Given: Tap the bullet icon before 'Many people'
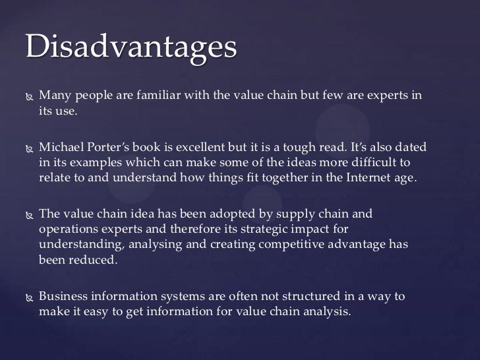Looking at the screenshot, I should coord(28,96).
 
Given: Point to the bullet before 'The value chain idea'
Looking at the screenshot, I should coord(28,214).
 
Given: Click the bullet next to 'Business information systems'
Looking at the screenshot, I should coord(28,297).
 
